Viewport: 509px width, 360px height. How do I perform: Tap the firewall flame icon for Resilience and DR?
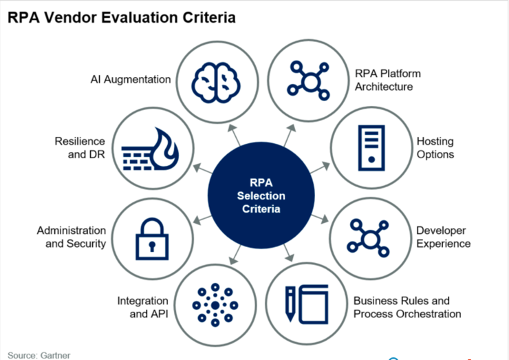click(149, 147)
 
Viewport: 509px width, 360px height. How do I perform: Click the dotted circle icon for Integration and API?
click(214, 304)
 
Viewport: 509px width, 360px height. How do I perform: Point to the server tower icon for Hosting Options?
click(369, 147)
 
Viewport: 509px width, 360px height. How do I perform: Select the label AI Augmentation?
click(131, 79)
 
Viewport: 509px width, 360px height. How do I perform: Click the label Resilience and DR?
click(80, 147)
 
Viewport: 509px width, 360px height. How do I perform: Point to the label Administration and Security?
click(72, 237)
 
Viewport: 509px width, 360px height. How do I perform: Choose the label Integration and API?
click(143, 308)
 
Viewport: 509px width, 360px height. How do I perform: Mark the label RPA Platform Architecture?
click(388, 80)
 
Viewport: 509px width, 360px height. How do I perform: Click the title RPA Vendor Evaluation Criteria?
click(121, 17)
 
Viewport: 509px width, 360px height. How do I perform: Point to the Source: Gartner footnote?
click(39, 355)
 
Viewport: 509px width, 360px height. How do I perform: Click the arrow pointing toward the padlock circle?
click(202, 218)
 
